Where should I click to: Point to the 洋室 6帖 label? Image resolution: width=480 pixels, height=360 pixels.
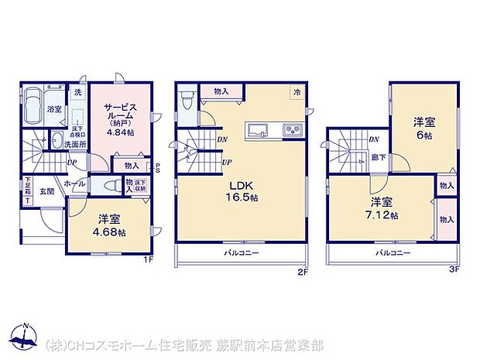(x=423, y=127)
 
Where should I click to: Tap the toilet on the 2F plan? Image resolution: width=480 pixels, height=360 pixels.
(x=186, y=102)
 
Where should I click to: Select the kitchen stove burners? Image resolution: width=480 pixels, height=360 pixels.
(x=292, y=129)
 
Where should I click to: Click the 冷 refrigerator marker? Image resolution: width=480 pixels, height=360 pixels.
(x=297, y=92)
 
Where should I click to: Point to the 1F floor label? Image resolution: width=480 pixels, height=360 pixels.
(x=147, y=260)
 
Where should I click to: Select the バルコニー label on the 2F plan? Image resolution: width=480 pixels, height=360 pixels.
(x=242, y=253)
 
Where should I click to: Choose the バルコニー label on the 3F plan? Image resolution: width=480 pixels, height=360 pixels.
(x=393, y=253)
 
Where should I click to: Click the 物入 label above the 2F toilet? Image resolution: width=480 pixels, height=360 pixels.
(x=221, y=92)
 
